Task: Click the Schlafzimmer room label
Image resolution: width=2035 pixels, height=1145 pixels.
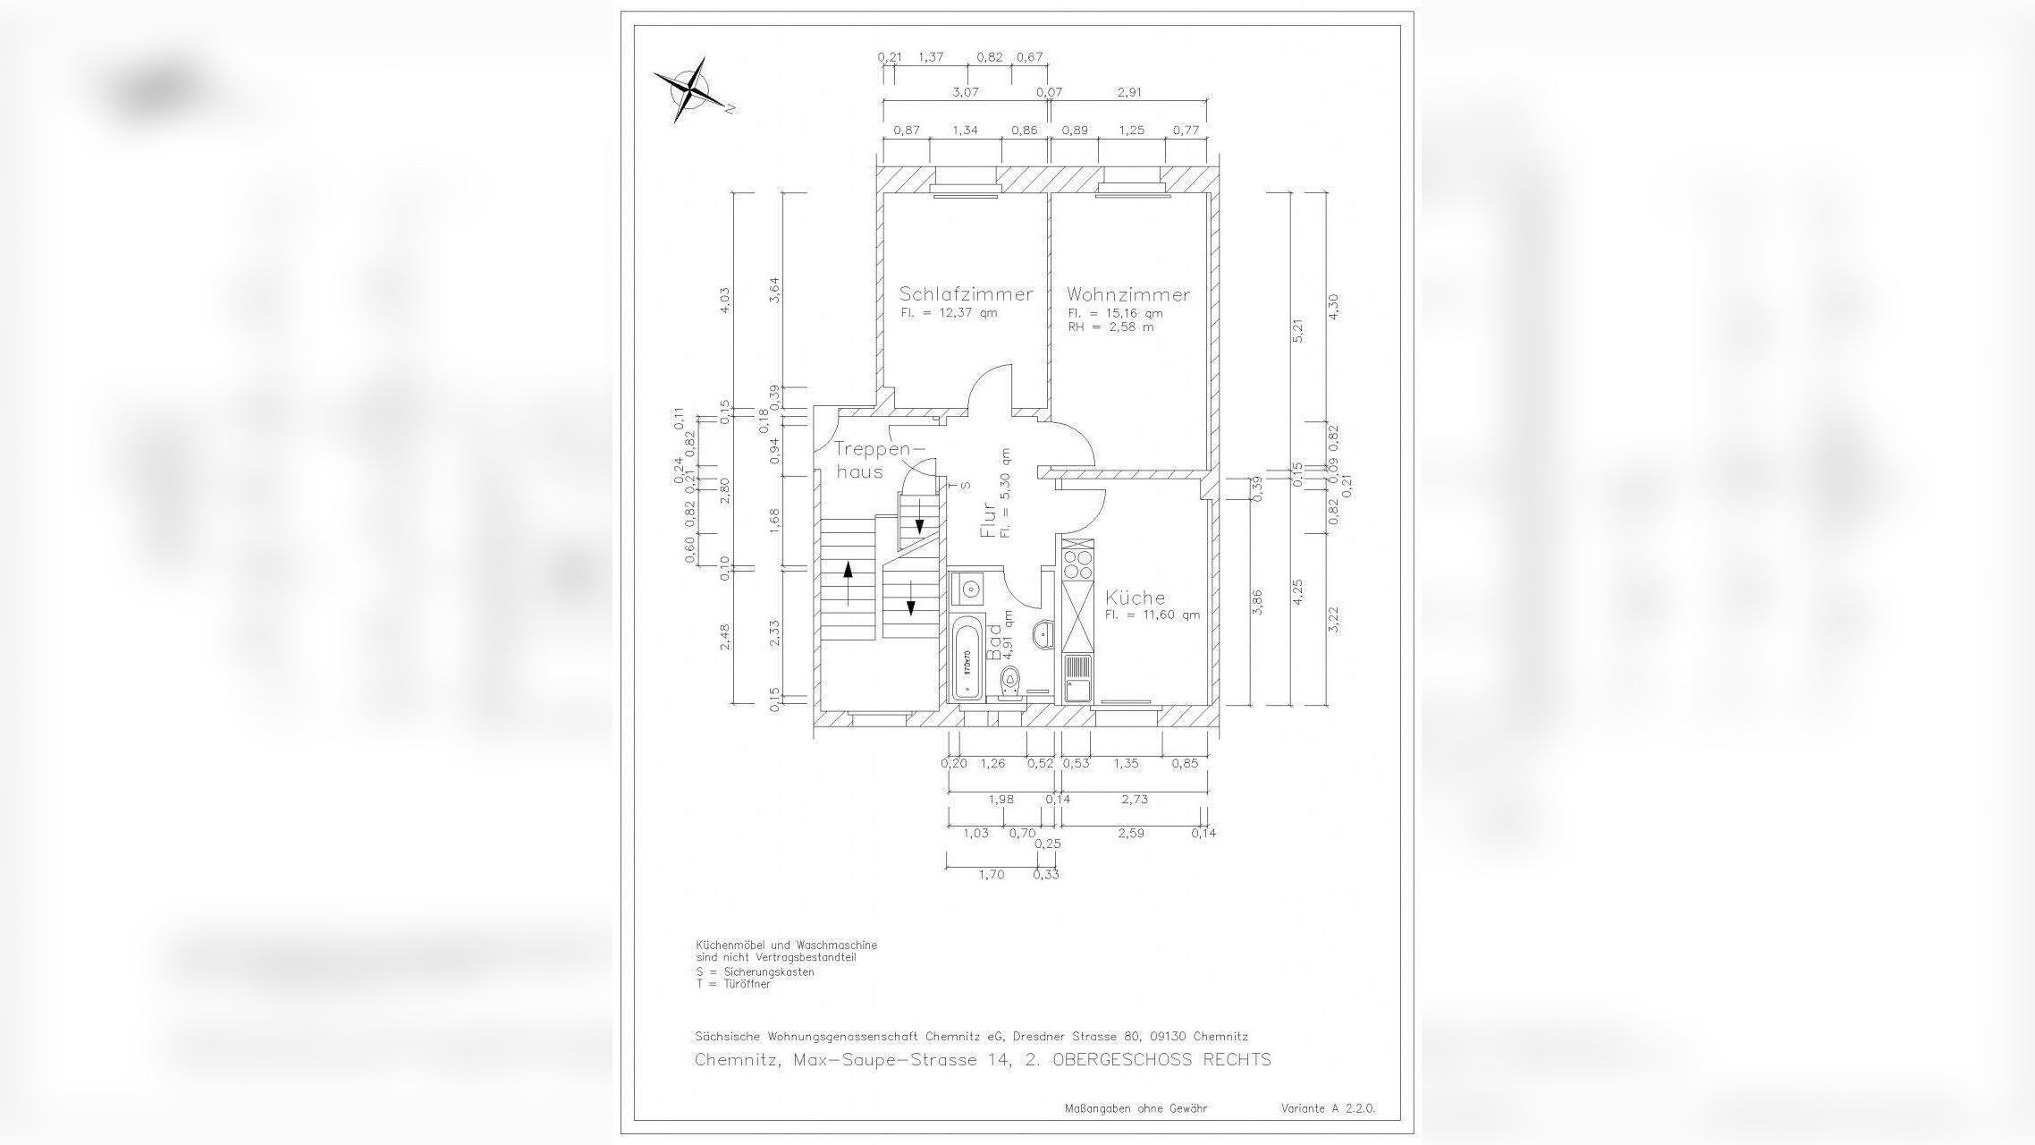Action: (966, 294)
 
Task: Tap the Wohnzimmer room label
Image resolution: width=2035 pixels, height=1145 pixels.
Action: (1127, 294)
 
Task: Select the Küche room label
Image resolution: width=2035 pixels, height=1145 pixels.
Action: (1135, 598)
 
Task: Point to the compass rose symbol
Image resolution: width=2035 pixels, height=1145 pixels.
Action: (691, 89)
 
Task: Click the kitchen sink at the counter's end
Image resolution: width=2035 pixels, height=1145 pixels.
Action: (1077, 679)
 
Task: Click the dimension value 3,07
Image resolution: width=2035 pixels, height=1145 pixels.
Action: (965, 92)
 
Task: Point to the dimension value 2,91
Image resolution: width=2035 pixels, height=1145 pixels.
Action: (1129, 92)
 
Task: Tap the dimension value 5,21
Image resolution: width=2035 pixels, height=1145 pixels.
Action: (1298, 330)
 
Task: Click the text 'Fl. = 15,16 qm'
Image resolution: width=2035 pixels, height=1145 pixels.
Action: (1114, 313)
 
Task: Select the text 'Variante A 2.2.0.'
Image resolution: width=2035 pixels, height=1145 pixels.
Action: (1328, 1108)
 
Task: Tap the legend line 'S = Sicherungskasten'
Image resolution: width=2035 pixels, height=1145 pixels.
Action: (755, 972)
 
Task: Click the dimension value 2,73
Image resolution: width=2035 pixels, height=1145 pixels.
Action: (1134, 799)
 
